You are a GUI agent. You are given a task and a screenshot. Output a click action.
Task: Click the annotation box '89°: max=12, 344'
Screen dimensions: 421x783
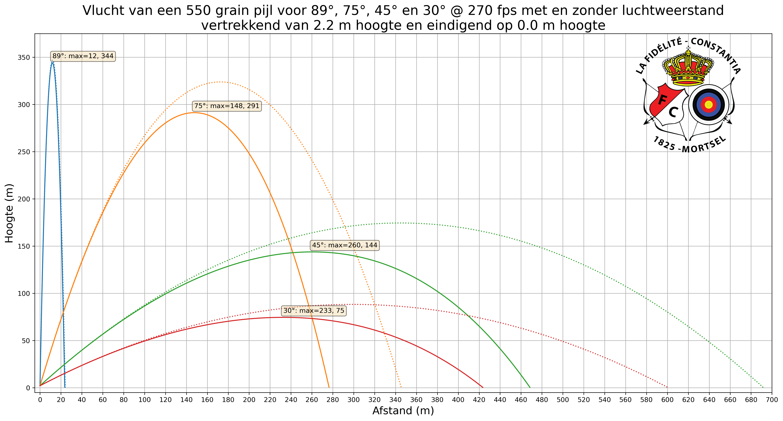point(83,56)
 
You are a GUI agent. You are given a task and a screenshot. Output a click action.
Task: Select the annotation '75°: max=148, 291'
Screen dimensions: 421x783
point(227,106)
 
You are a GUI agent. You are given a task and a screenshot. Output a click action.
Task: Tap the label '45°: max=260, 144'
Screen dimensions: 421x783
point(344,245)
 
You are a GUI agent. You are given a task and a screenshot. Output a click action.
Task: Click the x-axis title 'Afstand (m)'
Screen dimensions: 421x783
point(403,411)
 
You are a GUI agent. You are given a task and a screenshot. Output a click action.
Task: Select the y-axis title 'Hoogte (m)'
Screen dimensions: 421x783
point(9,213)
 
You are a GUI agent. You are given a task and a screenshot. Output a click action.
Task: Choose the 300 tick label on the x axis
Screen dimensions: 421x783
point(354,400)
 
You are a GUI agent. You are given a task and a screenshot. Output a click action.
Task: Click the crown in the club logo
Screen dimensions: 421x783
point(688,67)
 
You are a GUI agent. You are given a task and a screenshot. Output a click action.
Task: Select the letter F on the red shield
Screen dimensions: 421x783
point(663,100)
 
